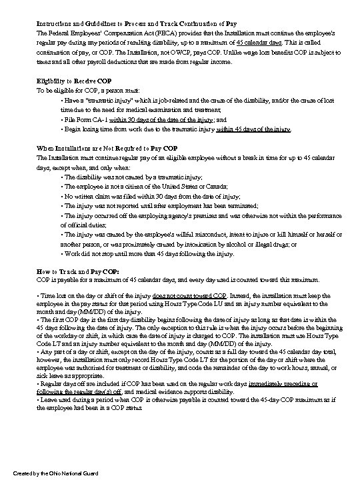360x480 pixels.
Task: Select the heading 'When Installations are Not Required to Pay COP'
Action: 107,147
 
